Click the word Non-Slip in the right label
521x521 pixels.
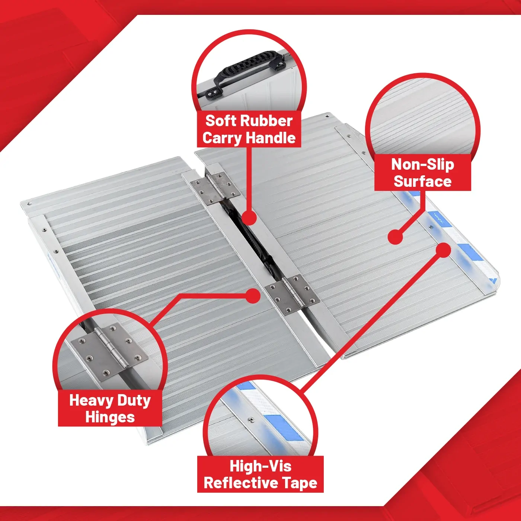point(423,164)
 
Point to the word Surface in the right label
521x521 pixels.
point(423,181)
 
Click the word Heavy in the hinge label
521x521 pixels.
point(90,400)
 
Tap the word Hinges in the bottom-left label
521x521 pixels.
point(110,417)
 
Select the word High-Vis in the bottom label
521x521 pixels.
point(260,466)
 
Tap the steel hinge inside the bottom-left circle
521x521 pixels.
point(109,351)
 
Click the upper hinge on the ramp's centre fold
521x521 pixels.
point(215,188)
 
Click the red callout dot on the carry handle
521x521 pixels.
point(249,218)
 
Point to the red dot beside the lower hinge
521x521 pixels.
point(253,296)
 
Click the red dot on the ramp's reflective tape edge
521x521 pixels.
point(443,250)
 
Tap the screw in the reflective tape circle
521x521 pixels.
point(251,420)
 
